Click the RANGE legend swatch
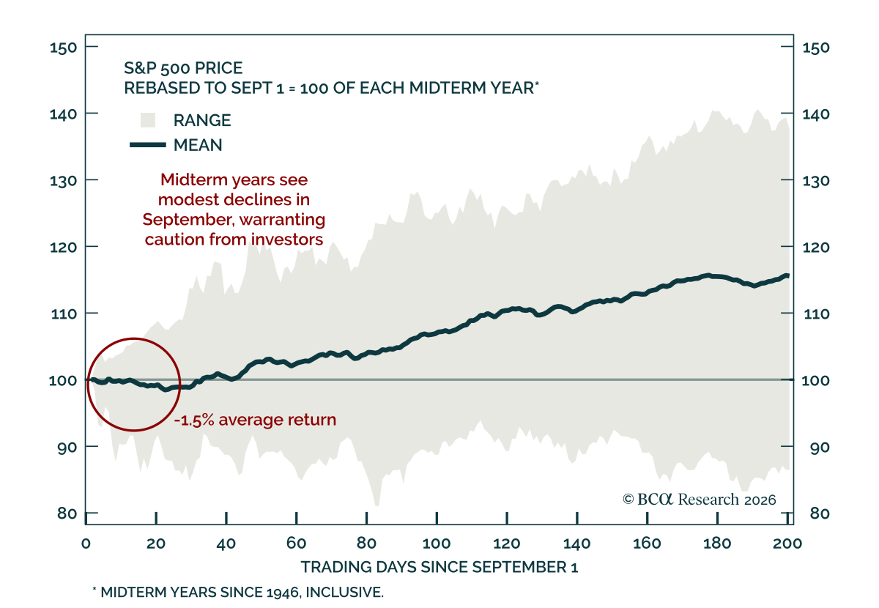(148, 120)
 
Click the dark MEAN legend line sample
(147, 145)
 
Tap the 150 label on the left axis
(63, 48)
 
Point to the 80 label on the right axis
(820, 514)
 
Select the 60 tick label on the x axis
(296, 544)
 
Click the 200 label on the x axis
(787, 544)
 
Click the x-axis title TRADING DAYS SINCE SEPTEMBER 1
(439, 568)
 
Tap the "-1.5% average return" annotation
(255, 420)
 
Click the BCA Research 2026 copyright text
(700, 500)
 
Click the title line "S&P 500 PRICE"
(183, 68)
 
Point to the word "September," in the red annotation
(188, 220)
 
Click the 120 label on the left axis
(63, 248)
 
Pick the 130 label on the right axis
(816, 181)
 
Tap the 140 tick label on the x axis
(577, 544)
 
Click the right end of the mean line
(788, 276)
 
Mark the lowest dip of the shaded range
(377, 505)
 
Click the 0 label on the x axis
(86, 544)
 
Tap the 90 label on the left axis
(67, 448)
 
